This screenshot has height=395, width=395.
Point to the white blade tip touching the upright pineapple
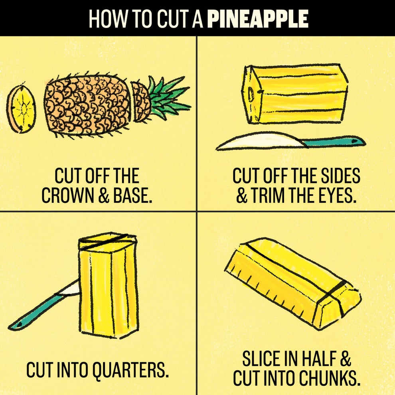[x=72, y=288]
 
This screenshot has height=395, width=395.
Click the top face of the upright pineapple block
[x=107, y=241]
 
